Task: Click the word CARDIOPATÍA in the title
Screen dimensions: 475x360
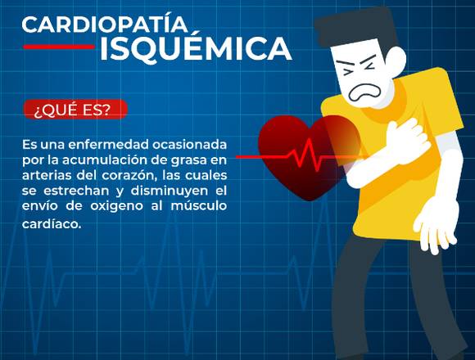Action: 105,25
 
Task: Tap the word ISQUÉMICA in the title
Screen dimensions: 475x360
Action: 196,48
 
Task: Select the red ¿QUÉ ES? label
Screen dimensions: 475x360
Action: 75,109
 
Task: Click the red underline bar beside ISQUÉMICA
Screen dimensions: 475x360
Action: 59,47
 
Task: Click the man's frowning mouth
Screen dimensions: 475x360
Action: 364,92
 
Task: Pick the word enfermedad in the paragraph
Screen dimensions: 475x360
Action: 109,145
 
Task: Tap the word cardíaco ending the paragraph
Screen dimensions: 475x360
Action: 52,224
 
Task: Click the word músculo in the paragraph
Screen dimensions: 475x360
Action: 199,205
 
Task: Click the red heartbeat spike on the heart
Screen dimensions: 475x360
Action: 307,155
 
